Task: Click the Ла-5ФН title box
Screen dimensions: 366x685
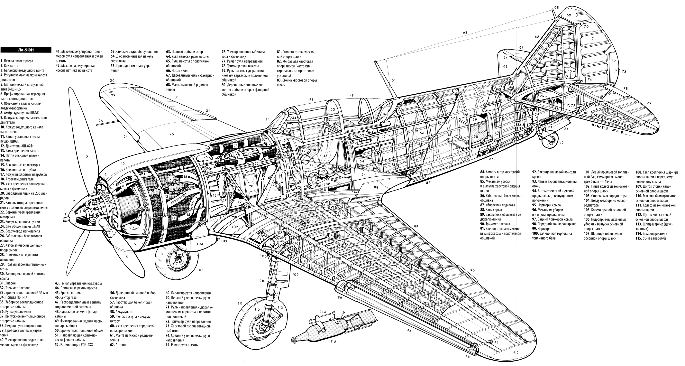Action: tap(26, 50)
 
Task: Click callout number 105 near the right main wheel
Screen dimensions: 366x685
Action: tap(200, 270)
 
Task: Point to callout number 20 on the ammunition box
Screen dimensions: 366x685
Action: tap(251, 186)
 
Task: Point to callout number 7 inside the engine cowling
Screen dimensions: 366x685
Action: tap(128, 203)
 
